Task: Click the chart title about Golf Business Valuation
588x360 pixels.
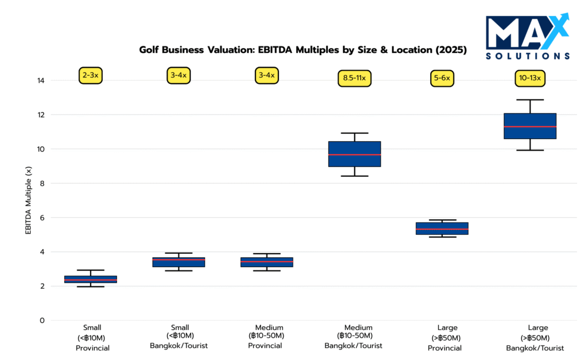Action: pos(303,50)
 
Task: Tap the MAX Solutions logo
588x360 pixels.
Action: pos(528,37)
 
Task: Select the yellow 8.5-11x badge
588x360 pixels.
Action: pos(354,78)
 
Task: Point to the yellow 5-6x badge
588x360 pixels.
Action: pos(442,78)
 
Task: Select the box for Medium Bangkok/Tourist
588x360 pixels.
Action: pos(354,154)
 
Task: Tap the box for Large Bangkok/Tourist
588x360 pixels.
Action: pos(529,126)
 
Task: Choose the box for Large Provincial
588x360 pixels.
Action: pos(442,229)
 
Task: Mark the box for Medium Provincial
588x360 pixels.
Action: pos(267,262)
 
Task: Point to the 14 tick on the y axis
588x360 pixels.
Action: pos(41,80)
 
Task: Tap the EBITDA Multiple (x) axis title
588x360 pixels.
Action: pos(28,200)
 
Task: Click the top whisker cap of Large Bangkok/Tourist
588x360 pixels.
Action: pos(529,100)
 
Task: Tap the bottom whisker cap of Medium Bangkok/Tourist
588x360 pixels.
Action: pos(354,176)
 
